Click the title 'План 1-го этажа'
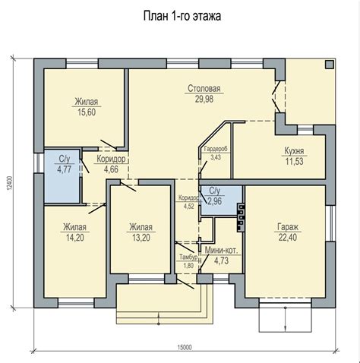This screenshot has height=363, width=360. point(182,16)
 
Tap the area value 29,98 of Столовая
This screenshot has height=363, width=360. point(204,99)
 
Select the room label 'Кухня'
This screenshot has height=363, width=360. point(294,151)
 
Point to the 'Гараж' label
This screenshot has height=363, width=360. point(288,227)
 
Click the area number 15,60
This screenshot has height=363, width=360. point(87,112)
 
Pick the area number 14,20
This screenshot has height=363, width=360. point(75,238)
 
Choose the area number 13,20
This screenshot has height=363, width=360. point(141,238)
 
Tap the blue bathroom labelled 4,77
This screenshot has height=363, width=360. point(62,176)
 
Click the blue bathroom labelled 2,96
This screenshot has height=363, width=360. point(221,200)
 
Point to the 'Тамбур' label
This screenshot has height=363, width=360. point(188,257)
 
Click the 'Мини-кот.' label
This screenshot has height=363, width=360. point(222,251)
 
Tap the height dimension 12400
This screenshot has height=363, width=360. point(9,182)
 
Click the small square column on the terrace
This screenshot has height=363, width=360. point(329,65)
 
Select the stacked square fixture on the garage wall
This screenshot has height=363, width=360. point(241,218)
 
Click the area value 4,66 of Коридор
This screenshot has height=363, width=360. point(111,169)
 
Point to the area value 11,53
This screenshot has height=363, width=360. point(294,161)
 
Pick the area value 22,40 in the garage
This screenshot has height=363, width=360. point(288,238)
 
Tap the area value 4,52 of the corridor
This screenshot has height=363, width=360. point(189,206)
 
